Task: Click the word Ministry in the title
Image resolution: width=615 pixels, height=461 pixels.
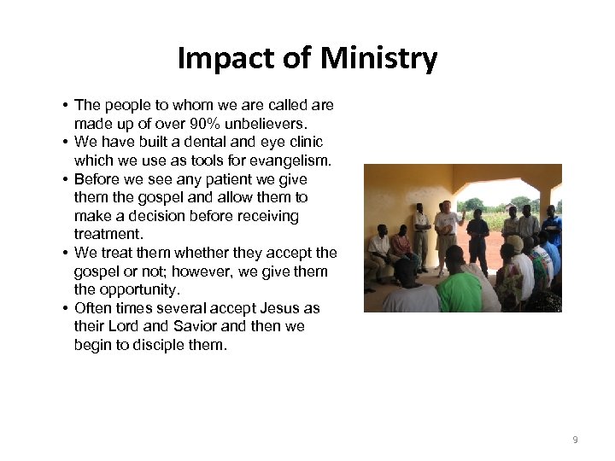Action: tap(379, 59)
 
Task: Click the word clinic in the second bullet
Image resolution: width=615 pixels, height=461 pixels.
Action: tap(303, 142)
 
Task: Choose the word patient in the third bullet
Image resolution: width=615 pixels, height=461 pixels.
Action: tap(250, 179)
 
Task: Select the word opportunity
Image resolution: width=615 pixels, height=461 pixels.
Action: tap(137, 290)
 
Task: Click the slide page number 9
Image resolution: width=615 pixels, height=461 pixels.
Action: tap(575, 440)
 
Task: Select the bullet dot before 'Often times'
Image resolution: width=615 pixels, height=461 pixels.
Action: tap(65, 308)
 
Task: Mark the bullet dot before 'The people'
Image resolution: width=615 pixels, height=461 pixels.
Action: tap(65, 105)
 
